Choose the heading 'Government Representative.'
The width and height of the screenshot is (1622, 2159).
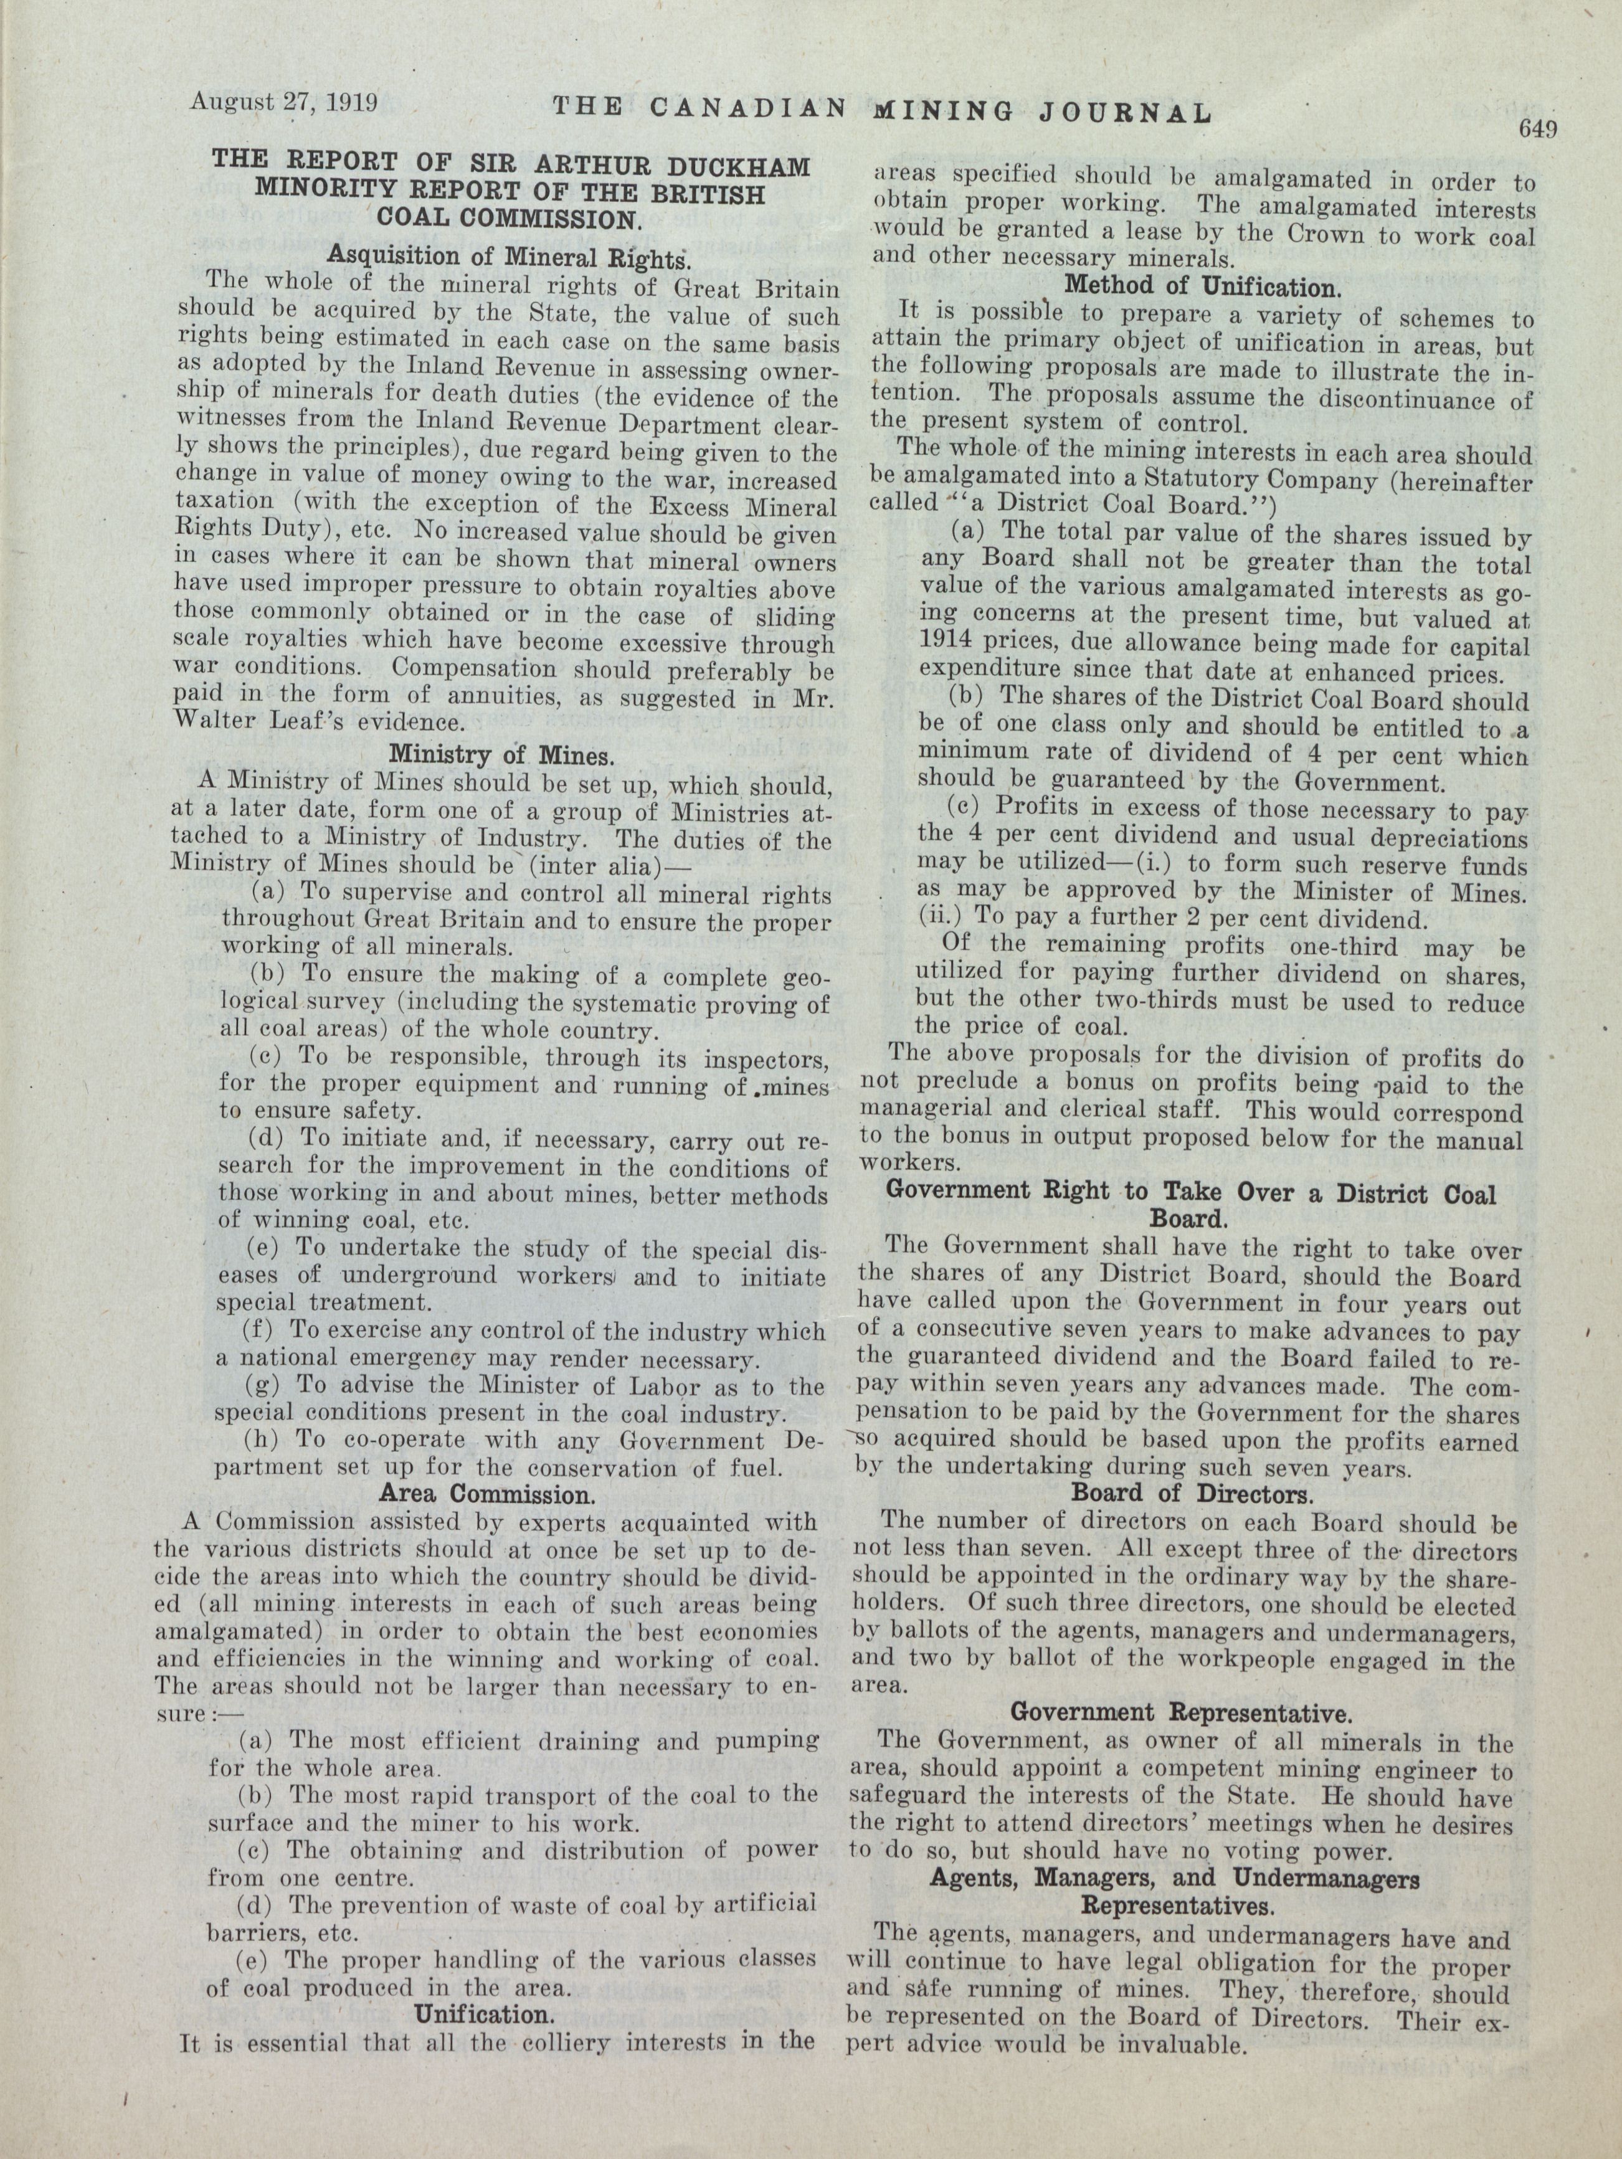coord(1181,1712)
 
